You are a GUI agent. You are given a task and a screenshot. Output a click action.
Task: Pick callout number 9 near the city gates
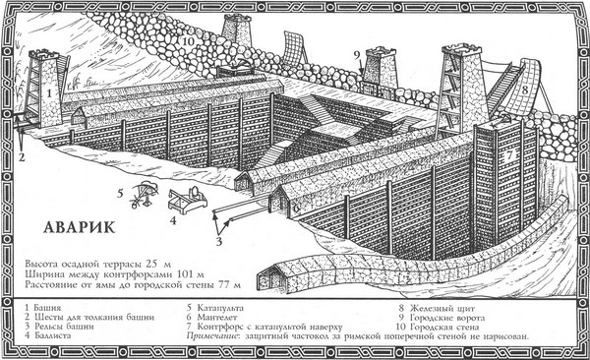click(x=355, y=55)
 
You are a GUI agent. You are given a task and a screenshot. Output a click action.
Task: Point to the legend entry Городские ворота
click(x=440, y=318)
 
